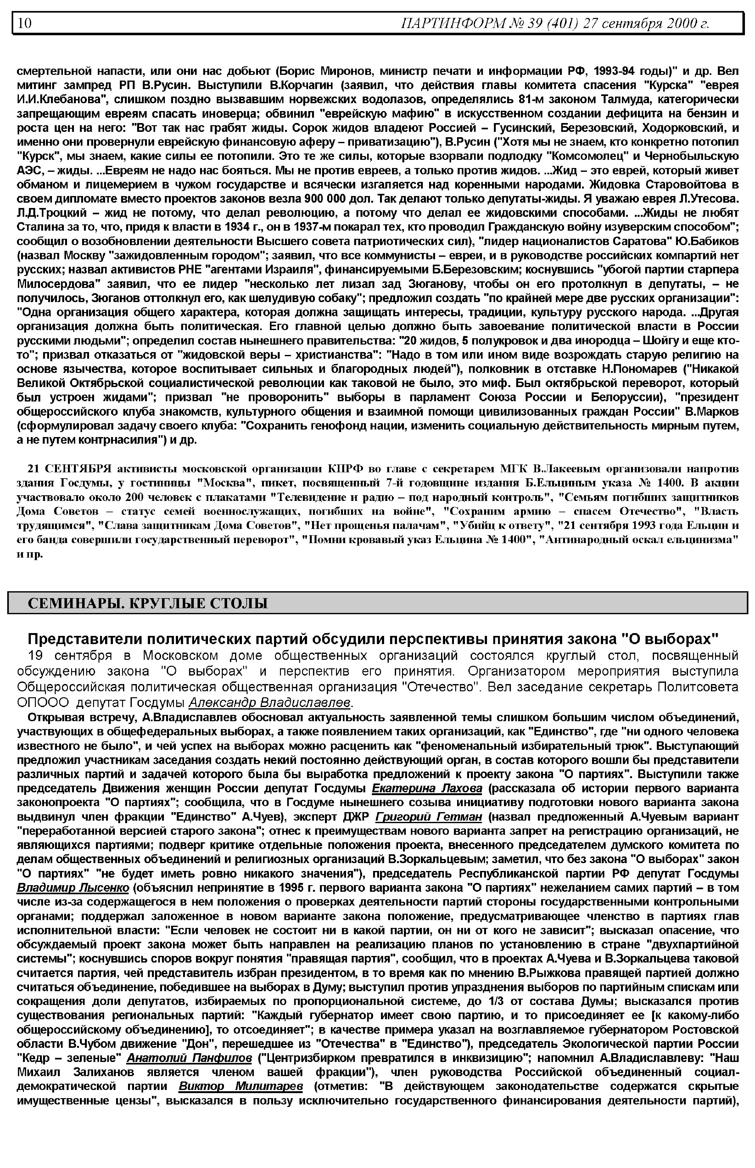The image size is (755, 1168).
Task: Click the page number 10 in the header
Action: pyautogui.click(x=25, y=23)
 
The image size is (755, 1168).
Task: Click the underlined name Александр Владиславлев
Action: pyautogui.click(x=270, y=702)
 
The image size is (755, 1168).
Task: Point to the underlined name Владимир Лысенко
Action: pyautogui.click(x=73, y=888)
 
